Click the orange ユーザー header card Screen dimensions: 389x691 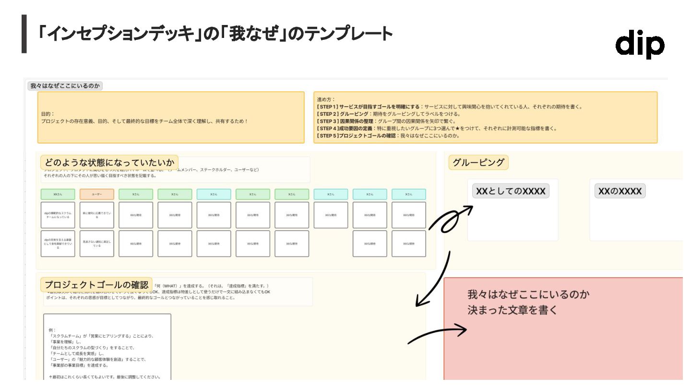pyautogui.click(x=96, y=194)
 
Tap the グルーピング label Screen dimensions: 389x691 pyautogui.click(x=478, y=162)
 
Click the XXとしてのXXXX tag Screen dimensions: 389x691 pyautogui.click(x=511, y=191)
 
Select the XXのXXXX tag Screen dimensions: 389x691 pyautogui.click(x=620, y=191)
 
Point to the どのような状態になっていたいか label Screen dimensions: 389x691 pyautogui.click(x=109, y=162)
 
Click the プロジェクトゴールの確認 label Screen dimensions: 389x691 pyautogui.click(x=96, y=284)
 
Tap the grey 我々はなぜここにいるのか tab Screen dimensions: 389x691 pyautogui.click(x=65, y=85)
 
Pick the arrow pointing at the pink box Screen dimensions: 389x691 pyautogui.click(x=437, y=334)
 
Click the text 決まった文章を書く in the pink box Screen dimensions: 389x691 pyautogui.click(x=512, y=310)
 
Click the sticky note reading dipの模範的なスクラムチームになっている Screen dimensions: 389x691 pyautogui.click(x=58, y=215)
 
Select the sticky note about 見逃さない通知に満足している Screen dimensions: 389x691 pyautogui.click(x=96, y=243)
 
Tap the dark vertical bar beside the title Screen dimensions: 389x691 pyautogui.click(x=24, y=34)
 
